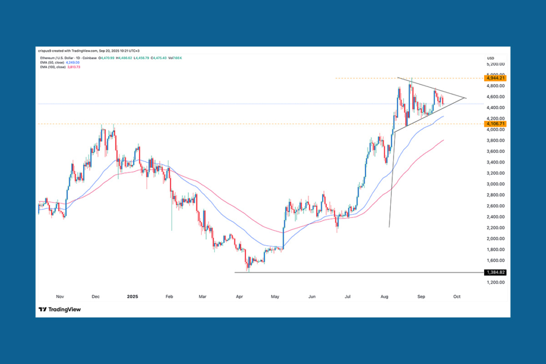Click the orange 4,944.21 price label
point(494,78)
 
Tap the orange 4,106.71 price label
point(494,124)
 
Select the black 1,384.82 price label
point(494,272)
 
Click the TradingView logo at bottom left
point(60,310)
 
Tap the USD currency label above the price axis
point(491,58)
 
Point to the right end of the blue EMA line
point(444,115)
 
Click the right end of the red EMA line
point(444,140)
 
